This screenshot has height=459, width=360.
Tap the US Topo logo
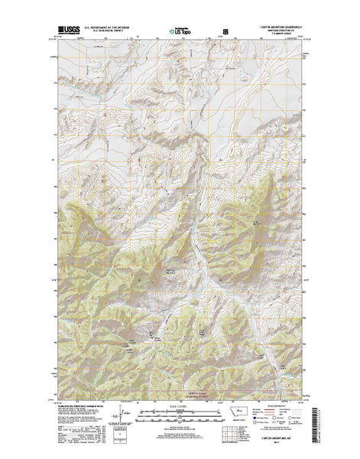tap(180, 33)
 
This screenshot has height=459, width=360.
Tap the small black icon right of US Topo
tap(225, 33)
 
